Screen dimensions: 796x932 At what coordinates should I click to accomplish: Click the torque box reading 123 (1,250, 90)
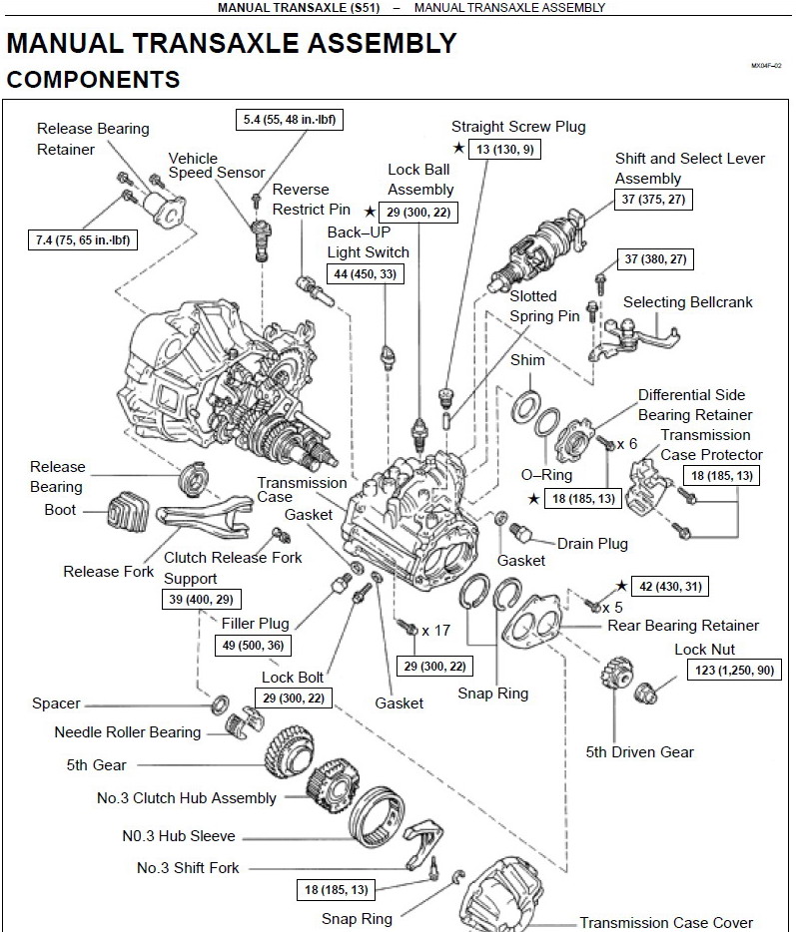coord(734,670)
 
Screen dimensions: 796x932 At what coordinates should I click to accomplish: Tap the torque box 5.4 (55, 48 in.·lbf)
coord(289,120)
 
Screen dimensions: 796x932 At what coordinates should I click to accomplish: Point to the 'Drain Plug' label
coord(592,544)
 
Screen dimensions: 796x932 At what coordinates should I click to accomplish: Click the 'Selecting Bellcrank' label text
coord(688,302)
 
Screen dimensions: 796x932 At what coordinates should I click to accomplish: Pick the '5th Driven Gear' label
coord(639,752)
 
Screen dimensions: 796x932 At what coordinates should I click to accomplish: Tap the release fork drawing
coord(204,512)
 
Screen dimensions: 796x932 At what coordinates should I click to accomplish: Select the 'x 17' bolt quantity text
coord(436,630)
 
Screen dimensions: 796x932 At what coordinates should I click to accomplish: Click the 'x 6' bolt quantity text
coord(626,444)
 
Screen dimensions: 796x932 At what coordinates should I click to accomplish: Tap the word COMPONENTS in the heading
coord(93,80)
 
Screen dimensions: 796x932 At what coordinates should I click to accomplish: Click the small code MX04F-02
coord(766,66)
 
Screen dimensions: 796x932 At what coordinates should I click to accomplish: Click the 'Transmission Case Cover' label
coord(666,922)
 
